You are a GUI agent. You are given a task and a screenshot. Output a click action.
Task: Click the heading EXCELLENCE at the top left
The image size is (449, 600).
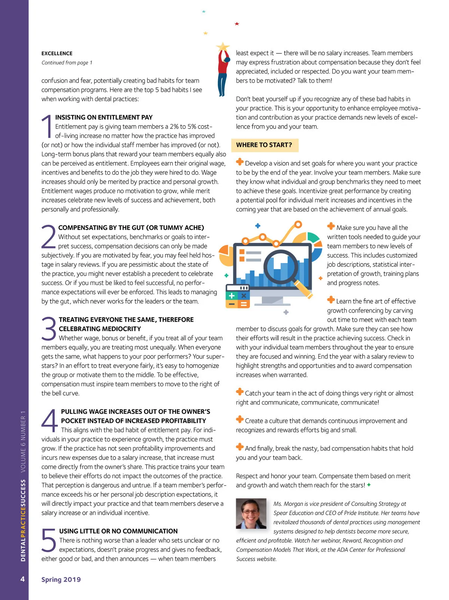(57, 53)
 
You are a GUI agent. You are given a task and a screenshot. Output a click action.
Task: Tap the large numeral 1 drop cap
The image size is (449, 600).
(48, 127)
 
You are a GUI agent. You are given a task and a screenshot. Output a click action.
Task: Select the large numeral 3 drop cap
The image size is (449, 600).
(49, 329)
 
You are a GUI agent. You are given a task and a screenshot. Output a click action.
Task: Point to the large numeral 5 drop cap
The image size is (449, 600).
(49, 540)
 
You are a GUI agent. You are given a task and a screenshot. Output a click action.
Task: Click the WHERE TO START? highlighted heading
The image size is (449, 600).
(264, 145)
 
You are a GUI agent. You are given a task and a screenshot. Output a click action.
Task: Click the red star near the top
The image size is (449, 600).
(237, 24)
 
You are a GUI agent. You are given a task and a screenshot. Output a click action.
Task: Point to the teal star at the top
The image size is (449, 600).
(204, 12)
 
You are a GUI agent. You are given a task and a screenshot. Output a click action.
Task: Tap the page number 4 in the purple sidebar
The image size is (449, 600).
(22, 579)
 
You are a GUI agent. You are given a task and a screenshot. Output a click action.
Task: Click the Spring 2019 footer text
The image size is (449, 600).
(61, 579)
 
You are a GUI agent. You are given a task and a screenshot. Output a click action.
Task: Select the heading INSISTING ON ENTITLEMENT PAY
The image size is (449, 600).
(104, 117)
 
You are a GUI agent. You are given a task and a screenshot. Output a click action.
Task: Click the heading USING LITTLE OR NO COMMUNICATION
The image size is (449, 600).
(118, 531)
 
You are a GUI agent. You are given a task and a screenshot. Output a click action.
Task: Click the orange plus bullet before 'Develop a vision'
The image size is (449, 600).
(240, 162)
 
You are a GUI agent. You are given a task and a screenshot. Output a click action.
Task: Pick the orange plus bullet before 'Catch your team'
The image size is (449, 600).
(240, 392)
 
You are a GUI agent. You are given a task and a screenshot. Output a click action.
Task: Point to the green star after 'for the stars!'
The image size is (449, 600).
(369, 485)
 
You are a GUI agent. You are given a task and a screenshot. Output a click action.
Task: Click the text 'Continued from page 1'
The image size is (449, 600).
(67, 63)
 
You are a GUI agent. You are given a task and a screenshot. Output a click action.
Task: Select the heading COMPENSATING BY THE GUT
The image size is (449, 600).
(131, 228)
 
